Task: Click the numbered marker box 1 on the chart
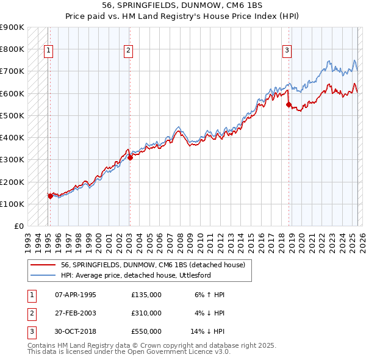pos(48,51)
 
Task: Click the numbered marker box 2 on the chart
pos(129,51)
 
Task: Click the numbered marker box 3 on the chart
pos(287,51)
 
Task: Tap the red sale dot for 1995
pos(51,196)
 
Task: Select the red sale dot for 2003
pos(130,157)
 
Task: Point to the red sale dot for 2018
pos(289,104)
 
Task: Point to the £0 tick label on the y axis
pos(18,226)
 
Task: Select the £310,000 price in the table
pos(146,313)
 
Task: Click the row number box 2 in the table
pos(31,313)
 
